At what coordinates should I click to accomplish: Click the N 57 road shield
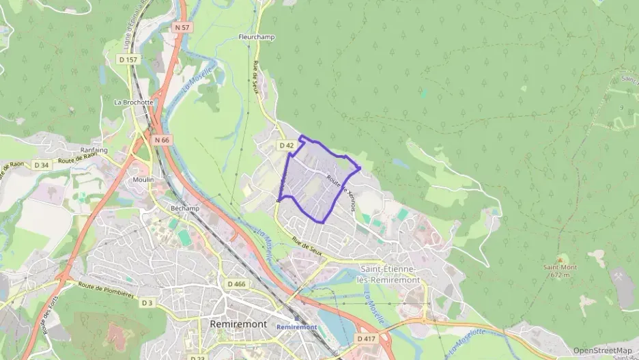click(x=181, y=27)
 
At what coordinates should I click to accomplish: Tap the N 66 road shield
click(x=161, y=140)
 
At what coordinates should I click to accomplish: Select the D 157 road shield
click(x=128, y=59)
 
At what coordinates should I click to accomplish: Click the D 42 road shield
click(x=286, y=146)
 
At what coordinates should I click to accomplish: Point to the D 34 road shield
click(x=42, y=165)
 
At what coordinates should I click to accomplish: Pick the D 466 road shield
click(x=236, y=283)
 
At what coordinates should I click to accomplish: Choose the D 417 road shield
click(x=365, y=338)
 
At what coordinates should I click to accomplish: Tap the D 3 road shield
click(x=148, y=302)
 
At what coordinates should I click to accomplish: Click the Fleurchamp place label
click(x=257, y=37)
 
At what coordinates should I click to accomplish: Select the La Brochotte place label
click(x=132, y=102)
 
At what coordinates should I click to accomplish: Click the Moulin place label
click(x=143, y=180)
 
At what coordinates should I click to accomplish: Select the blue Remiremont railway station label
click(x=297, y=327)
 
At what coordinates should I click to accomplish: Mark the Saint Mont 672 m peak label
click(x=558, y=271)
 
